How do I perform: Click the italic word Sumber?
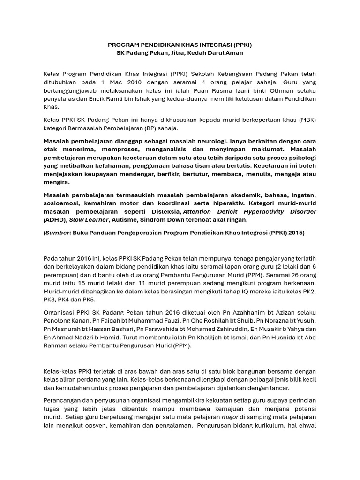(x=57, y=232)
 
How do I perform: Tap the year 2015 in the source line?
(x=295, y=232)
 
